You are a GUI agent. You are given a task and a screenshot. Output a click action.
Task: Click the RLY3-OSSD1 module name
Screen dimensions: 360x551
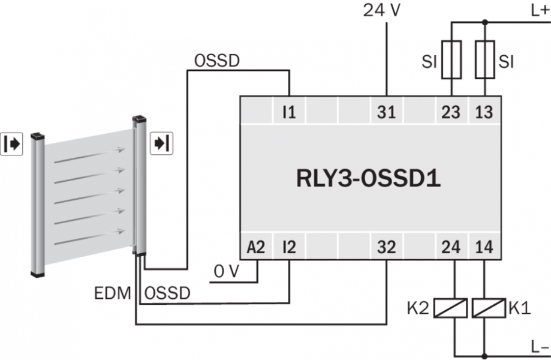(369, 179)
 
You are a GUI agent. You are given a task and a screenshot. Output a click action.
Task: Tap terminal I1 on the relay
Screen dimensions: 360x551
(290, 112)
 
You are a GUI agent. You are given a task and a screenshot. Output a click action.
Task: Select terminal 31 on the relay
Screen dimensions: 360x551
(387, 112)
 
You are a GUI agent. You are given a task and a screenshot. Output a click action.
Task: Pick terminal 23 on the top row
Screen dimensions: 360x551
(451, 112)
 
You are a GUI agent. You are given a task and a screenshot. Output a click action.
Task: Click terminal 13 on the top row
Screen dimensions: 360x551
(484, 112)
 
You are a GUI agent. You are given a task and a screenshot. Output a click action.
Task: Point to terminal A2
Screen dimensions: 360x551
(256, 247)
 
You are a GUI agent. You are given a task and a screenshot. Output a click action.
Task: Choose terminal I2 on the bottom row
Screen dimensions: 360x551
(290, 247)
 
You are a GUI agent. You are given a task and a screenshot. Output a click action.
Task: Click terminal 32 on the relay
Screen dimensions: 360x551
(387, 247)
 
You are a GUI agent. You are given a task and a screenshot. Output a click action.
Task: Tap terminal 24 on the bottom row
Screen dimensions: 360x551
(451, 247)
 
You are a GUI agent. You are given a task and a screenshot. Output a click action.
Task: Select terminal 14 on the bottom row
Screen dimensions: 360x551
(484, 247)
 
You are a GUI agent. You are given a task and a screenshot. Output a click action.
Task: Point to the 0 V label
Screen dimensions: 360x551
(227, 271)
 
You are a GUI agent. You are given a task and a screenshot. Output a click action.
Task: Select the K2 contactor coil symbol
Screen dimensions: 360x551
(451, 308)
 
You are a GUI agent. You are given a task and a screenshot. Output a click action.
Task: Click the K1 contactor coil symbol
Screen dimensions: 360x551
(484, 308)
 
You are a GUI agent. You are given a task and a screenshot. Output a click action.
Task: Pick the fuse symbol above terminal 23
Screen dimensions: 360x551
(451, 60)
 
